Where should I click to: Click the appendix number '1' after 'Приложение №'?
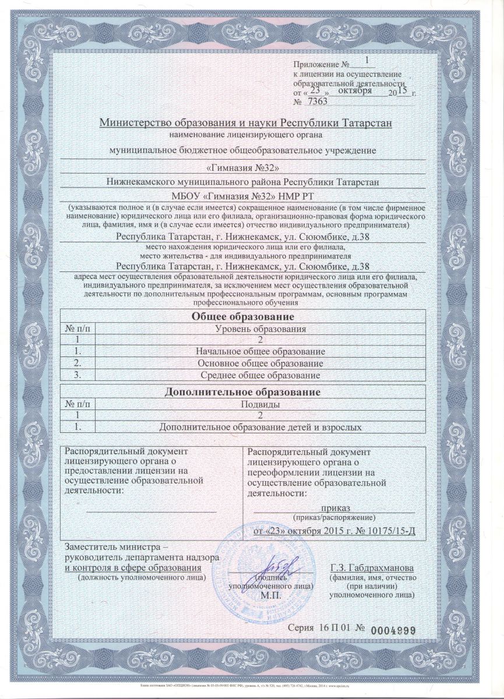(366, 60)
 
